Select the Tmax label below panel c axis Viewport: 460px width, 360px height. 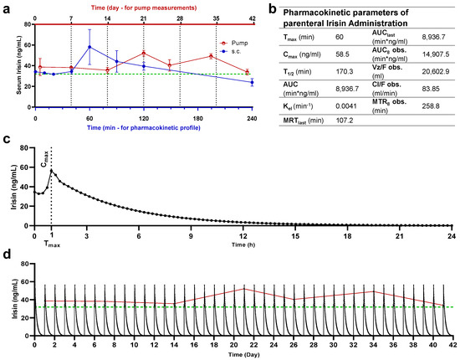point(52,245)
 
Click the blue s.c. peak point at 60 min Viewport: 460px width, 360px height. point(89,47)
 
